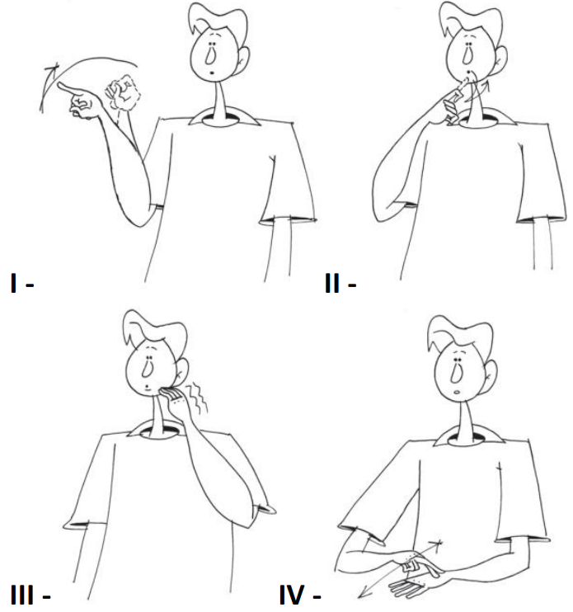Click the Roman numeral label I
(x=14, y=284)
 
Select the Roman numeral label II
(x=332, y=284)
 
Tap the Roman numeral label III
(x=22, y=596)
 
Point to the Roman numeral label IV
(x=292, y=596)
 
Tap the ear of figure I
(x=242, y=59)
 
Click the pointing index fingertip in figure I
(x=59, y=85)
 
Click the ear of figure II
(x=500, y=59)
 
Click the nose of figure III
(x=147, y=368)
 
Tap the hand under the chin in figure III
(x=175, y=402)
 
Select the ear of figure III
(x=181, y=371)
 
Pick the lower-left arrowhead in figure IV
(x=364, y=593)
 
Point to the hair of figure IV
(x=458, y=335)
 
